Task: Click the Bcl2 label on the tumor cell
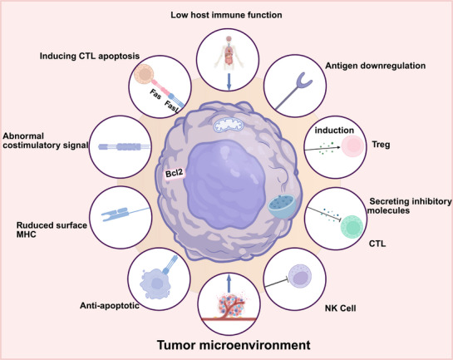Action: tap(175, 174)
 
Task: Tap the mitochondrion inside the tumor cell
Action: tap(229, 125)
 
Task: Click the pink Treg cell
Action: tap(352, 146)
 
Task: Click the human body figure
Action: tap(229, 52)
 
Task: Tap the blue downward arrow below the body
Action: tap(229, 81)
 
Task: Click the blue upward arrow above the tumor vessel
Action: tap(229, 284)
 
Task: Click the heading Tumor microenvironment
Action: tap(234, 345)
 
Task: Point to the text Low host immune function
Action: tap(226, 15)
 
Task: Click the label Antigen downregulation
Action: tap(376, 66)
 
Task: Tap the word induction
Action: tap(334, 131)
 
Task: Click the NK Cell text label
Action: tap(340, 308)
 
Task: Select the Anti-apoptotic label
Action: tap(110, 305)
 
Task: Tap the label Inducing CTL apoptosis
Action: tap(90, 56)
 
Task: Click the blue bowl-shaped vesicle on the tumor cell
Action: tap(282, 206)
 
